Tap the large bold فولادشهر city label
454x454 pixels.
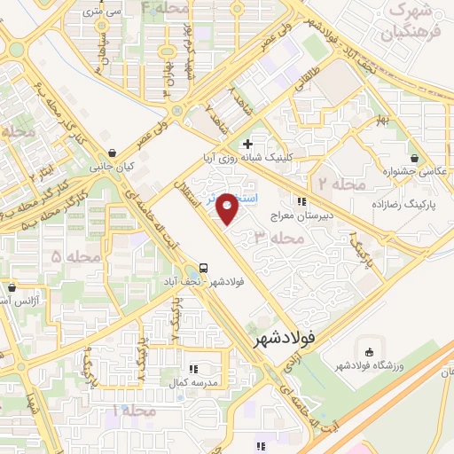click(284, 339)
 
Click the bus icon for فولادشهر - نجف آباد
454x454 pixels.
click(205, 268)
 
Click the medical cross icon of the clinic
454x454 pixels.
click(247, 144)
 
